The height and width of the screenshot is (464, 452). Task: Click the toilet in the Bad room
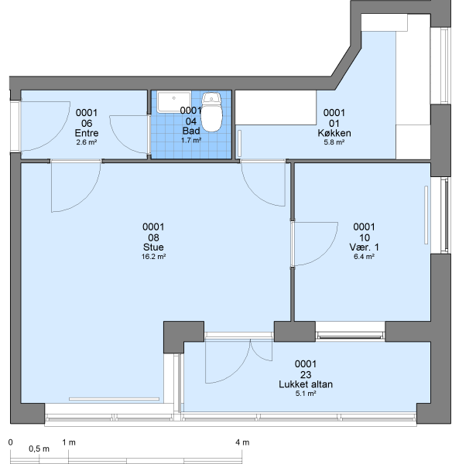click(x=211, y=112)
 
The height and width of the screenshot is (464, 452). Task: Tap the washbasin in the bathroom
click(x=174, y=102)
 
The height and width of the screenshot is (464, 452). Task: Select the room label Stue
click(x=153, y=247)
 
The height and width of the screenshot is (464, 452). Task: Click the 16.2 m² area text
click(x=153, y=257)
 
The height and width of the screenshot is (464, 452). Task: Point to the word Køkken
click(x=334, y=133)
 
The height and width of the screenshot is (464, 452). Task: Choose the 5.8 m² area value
click(x=334, y=142)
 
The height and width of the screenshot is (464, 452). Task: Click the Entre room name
click(x=87, y=133)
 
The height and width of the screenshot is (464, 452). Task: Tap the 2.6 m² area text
click(x=87, y=142)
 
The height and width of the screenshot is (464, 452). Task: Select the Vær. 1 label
click(x=364, y=247)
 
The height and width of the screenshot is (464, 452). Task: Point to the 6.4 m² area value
click(x=364, y=257)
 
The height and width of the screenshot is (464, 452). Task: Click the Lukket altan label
click(x=306, y=384)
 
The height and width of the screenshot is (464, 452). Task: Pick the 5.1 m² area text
click(x=306, y=394)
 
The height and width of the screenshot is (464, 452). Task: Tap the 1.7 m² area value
click(x=191, y=140)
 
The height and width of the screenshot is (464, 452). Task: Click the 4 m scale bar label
click(x=242, y=442)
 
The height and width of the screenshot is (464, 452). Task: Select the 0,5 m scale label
click(x=39, y=449)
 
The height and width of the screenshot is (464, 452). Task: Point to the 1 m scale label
click(x=69, y=442)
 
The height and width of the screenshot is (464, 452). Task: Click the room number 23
click(x=306, y=375)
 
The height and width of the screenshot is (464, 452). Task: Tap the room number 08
click(x=153, y=237)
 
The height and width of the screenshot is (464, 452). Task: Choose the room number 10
click(x=365, y=237)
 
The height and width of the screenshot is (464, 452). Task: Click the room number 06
click(x=87, y=124)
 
